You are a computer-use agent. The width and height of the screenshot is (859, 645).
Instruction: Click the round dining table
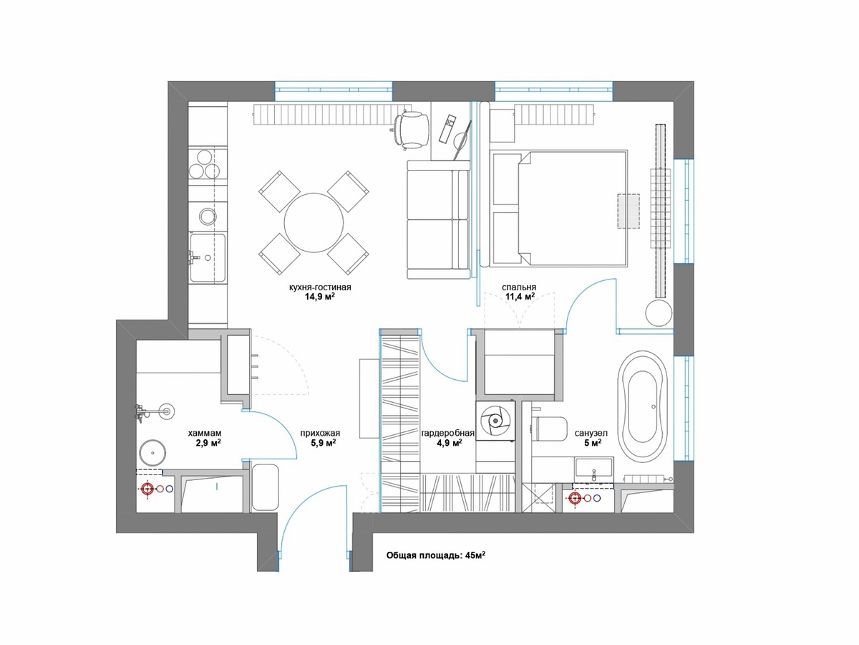(x=314, y=223)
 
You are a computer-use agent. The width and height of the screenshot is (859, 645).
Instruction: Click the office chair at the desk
(x=409, y=130)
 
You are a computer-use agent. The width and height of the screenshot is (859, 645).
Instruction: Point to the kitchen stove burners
(x=203, y=164)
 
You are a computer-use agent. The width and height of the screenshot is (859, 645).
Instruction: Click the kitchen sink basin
(x=208, y=258)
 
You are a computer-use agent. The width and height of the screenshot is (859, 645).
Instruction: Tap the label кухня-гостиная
(x=320, y=287)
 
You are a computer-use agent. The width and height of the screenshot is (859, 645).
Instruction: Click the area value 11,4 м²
(x=520, y=296)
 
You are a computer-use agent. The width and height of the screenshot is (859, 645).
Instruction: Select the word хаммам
(x=205, y=433)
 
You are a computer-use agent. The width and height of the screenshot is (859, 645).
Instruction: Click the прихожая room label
(x=320, y=433)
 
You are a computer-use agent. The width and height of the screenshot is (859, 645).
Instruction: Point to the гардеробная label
(x=448, y=433)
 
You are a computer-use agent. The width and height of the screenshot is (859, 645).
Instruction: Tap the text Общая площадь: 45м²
(x=436, y=555)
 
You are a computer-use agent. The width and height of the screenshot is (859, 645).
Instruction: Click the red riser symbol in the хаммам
(x=147, y=488)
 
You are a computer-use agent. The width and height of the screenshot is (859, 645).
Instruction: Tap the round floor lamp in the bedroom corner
(x=659, y=312)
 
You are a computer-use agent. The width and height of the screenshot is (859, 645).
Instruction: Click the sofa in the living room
(x=438, y=219)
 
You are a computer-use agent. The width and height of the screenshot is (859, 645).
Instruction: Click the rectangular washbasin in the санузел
(x=593, y=467)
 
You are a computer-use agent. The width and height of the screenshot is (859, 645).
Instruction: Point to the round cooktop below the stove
(x=208, y=216)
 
